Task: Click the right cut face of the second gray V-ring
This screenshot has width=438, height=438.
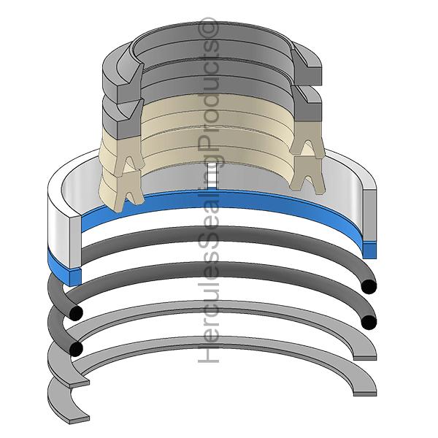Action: (x=307, y=104)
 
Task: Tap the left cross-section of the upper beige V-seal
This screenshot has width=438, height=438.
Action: (x=129, y=153)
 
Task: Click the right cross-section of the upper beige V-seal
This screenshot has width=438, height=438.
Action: (x=307, y=138)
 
